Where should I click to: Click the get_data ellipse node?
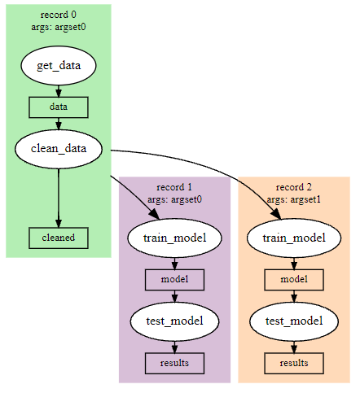click(x=59, y=66)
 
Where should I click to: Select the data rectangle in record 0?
click(x=59, y=107)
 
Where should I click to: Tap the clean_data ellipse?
click(x=59, y=149)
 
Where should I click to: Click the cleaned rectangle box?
click(x=59, y=238)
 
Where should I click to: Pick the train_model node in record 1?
click(x=174, y=238)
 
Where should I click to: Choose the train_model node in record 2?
click(x=293, y=238)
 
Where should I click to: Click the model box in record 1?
click(x=174, y=279)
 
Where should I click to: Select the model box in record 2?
click(x=293, y=279)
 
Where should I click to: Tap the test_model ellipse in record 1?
click(x=174, y=321)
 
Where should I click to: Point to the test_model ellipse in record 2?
click(x=293, y=321)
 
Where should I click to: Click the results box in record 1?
click(x=174, y=362)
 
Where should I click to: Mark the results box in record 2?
click(x=293, y=362)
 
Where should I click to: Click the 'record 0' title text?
click(x=59, y=15)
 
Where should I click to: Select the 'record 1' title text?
click(x=174, y=187)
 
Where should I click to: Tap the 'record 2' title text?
click(x=293, y=187)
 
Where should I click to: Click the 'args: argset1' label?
click(x=293, y=199)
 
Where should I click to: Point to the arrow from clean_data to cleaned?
click(x=59, y=195)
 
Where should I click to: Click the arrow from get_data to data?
click(x=59, y=91)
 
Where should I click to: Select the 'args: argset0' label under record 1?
click(x=174, y=199)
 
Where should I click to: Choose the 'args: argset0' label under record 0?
click(x=59, y=27)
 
